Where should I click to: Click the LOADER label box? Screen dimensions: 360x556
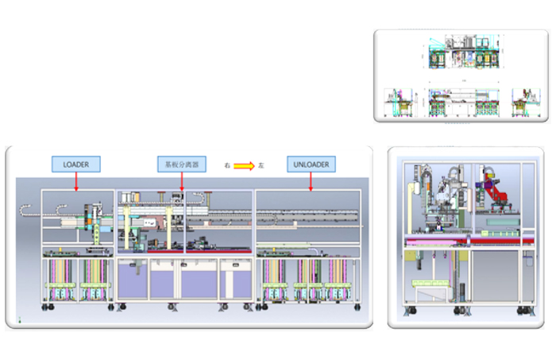[x=76, y=165]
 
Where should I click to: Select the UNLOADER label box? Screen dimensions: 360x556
[x=311, y=165]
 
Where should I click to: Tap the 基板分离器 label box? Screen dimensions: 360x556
[x=181, y=165]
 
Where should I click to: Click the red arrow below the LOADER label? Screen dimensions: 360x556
[x=76, y=182]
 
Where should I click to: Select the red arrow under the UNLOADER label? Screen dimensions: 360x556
[x=311, y=182]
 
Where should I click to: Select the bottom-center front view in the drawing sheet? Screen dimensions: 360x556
[x=461, y=103]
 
